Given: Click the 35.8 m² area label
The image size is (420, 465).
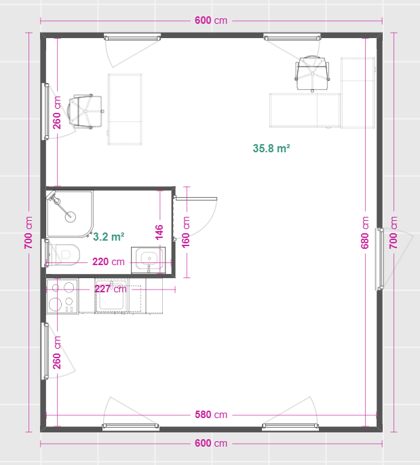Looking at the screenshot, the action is point(271,148).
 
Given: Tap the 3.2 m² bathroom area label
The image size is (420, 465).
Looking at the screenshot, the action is point(109,237).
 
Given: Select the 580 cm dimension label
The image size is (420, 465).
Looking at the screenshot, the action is point(211,415).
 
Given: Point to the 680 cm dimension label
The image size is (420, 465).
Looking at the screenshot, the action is point(364,232).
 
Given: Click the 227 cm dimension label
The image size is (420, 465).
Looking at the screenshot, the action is point(111,289).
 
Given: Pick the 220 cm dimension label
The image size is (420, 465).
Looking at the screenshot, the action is point(109,262).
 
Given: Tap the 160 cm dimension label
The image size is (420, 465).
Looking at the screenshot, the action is point(186,232).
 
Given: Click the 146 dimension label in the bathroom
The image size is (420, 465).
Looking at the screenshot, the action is point(159,232).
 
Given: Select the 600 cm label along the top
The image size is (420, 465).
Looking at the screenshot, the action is point(211,20).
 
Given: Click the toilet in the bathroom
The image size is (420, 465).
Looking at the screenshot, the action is point(64,254).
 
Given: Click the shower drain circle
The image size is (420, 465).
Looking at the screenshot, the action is point(70,217).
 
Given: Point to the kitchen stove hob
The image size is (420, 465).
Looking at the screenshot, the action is point(62,296).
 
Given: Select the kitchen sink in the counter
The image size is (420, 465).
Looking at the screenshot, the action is point(111,296).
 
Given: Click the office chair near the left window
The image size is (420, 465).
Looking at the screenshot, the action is point(86,111).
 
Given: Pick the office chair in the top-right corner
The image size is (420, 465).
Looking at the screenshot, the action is point(312,73).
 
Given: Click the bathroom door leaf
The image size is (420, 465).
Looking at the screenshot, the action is point(196,199).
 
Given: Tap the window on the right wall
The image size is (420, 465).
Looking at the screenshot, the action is point(380,259).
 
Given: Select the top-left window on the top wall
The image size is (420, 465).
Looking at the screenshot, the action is point(132,37).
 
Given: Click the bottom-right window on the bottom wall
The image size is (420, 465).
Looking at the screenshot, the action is point(290,427).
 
